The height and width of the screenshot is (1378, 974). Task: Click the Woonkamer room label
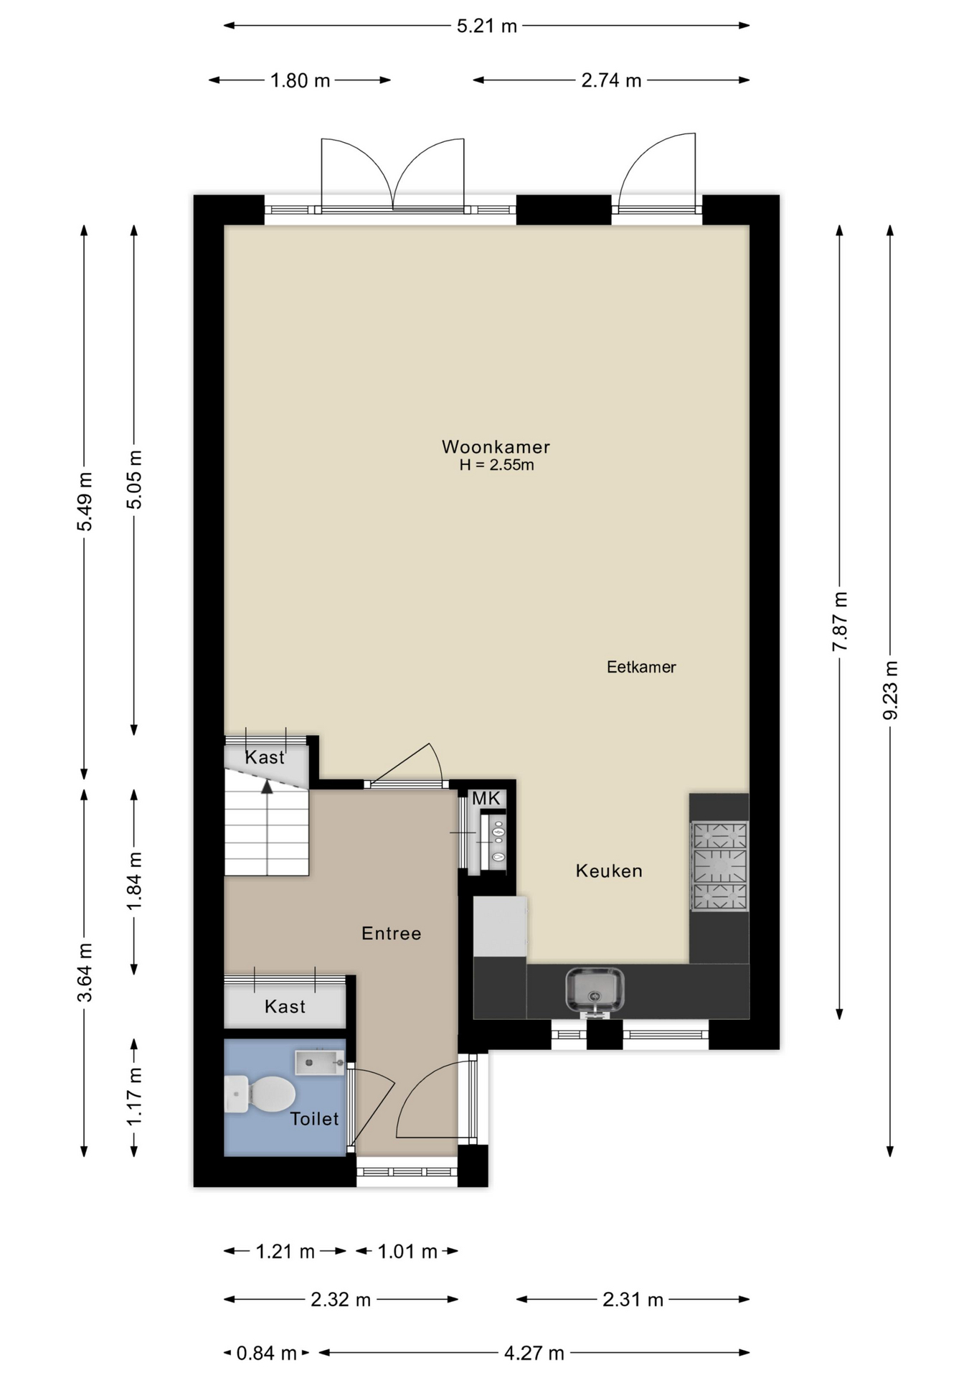coord(496,446)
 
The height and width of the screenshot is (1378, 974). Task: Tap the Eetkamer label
coord(641,667)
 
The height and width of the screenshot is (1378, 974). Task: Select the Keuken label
coord(609,871)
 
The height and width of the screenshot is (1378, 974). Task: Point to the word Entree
coord(391,933)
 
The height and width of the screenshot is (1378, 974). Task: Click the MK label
coord(486,798)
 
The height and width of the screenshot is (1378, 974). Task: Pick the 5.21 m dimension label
coord(487,26)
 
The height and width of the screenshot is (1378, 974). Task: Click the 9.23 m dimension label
coord(890,690)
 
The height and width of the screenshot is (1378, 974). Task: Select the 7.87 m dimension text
coord(840,622)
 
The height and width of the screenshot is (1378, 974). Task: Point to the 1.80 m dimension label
coord(300,80)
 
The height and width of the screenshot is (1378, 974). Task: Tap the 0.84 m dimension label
coord(266,1353)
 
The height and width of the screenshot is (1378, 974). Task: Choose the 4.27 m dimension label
coord(534,1353)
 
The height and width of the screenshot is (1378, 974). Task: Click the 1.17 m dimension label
coord(134,1096)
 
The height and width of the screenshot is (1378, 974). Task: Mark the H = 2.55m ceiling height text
coord(497,465)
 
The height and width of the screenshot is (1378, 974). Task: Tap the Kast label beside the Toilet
coord(285,1006)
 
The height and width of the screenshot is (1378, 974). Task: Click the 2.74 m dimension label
coord(611,80)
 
